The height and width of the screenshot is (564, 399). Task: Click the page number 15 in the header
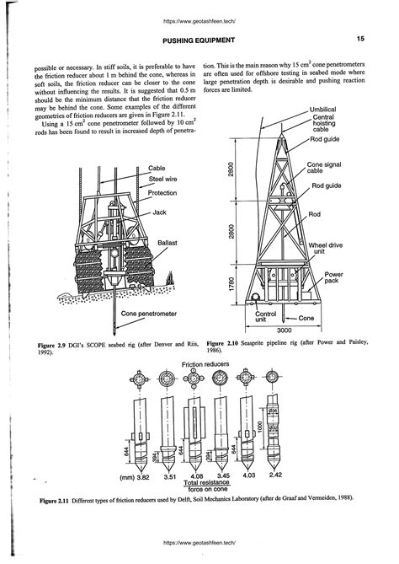tap(359, 39)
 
